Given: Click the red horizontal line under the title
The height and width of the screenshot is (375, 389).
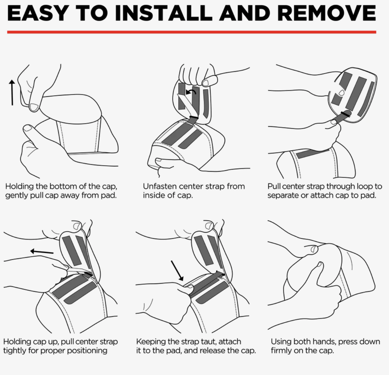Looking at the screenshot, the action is [191, 32].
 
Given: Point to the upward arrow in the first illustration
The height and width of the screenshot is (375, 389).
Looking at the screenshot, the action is [12, 93].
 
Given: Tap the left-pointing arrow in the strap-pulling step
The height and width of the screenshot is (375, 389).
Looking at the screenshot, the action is [42, 252].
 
